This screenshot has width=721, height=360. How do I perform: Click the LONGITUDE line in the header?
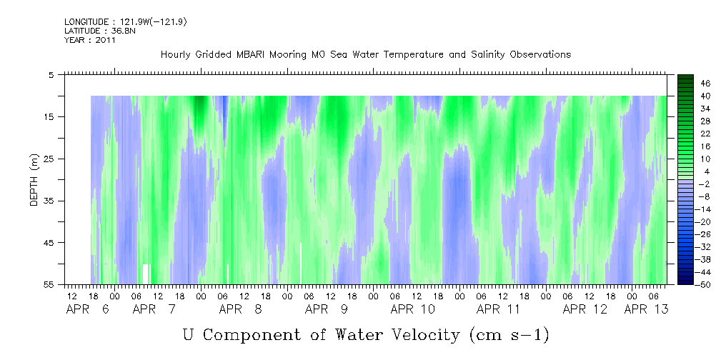pos(126,21)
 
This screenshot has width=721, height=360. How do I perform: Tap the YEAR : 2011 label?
pos(90,40)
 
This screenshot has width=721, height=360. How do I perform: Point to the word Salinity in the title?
pos(487,55)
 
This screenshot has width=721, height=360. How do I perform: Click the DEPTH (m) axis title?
pos(34,180)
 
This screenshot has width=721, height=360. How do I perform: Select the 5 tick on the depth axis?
pos(51,74)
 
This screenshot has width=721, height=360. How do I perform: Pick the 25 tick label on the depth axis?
pos(48,159)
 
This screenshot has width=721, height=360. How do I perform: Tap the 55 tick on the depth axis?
pos(48,285)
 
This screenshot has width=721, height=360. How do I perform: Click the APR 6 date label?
pos(88,309)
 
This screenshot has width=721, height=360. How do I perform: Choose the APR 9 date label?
pos(327,309)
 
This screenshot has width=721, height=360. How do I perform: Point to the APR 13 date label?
pos(645,309)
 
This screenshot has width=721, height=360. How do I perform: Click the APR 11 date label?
pos(499,309)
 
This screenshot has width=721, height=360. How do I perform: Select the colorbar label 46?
pos(705,84)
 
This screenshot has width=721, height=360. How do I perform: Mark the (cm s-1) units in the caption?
pos(509,336)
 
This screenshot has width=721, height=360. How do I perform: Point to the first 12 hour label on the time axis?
pos(71,296)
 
